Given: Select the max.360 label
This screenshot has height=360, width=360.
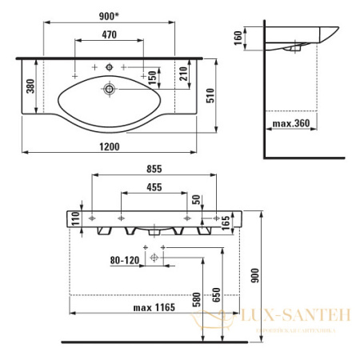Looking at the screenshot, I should point(290,124).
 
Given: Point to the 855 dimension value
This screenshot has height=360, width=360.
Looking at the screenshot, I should point(155,169).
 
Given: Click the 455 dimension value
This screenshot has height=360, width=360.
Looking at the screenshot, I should point(154,188).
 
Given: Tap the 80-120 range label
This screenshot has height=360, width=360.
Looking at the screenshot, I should point(125,260).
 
